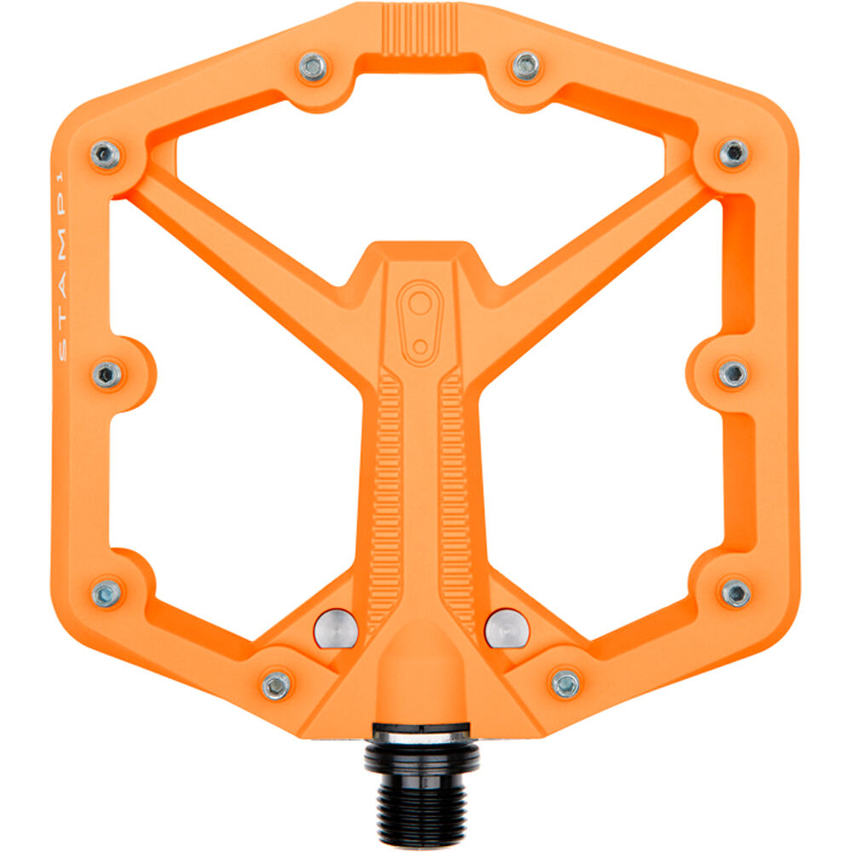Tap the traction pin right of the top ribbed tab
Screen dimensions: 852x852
click(x=526, y=65)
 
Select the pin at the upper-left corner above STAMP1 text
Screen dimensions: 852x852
click(x=106, y=154)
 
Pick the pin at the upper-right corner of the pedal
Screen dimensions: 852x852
click(x=733, y=153)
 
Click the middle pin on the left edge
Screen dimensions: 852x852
click(x=107, y=374)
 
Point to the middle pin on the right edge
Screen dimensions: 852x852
click(x=733, y=373)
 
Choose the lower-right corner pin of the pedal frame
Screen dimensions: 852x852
click(x=734, y=592)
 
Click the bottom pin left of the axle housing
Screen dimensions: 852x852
click(x=276, y=684)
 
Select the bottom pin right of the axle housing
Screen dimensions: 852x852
click(x=565, y=682)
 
